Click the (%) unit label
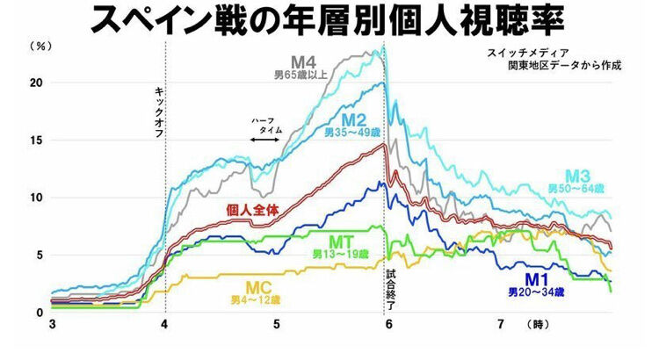39,46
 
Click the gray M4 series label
305,62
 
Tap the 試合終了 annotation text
393,291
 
